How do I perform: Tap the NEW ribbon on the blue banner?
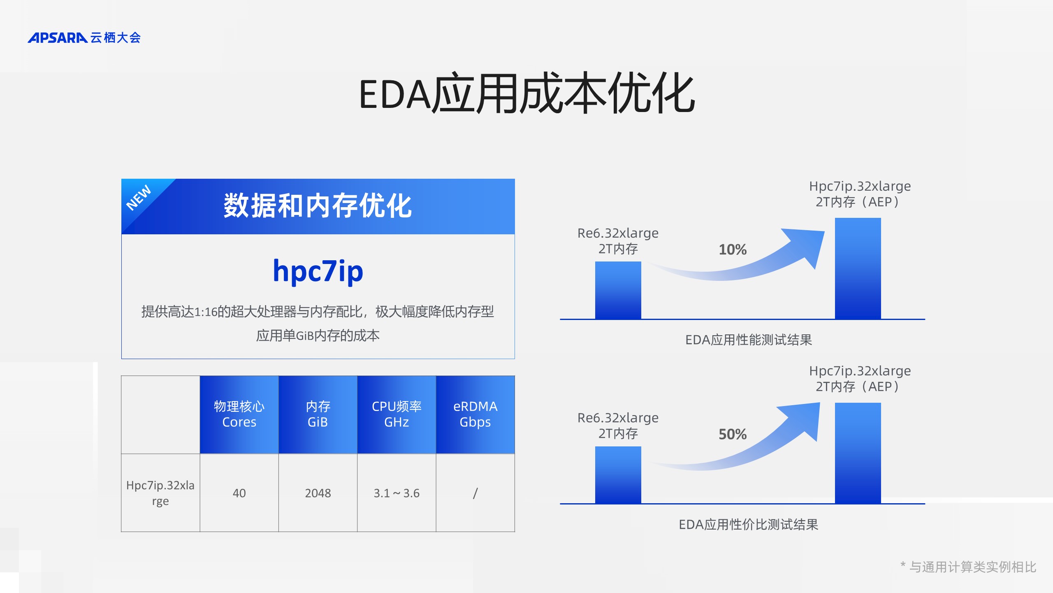(x=139, y=198)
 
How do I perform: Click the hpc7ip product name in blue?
(x=318, y=271)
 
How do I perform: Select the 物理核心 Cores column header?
(x=239, y=414)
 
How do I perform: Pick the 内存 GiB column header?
(x=318, y=414)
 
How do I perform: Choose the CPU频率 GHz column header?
(x=397, y=414)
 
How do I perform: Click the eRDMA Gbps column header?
(x=475, y=414)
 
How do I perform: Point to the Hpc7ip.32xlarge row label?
(x=160, y=493)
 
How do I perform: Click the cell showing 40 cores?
(x=239, y=493)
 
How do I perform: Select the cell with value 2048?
(x=318, y=493)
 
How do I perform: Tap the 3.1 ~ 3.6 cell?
(x=397, y=493)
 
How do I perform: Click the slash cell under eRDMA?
(x=475, y=493)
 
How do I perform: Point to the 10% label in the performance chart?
(x=733, y=250)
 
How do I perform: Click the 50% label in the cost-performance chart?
(x=733, y=434)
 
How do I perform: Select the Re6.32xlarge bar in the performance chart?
(x=618, y=290)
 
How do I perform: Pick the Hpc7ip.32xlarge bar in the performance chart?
(x=858, y=268)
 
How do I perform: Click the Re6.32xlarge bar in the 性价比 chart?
(x=618, y=475)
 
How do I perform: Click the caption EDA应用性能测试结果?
(x=749, y=340)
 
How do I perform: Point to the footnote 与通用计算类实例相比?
(x=972, y=567)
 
